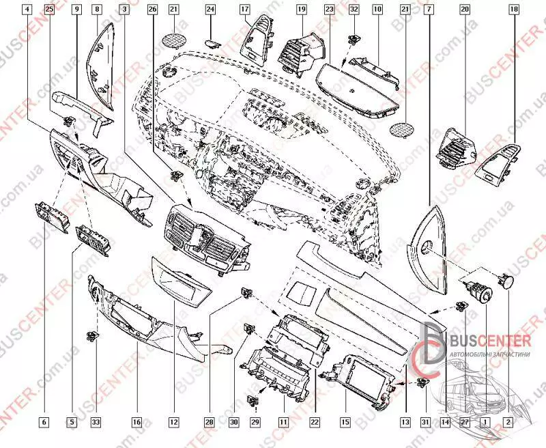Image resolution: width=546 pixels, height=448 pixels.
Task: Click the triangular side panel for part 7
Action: (427, 246)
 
